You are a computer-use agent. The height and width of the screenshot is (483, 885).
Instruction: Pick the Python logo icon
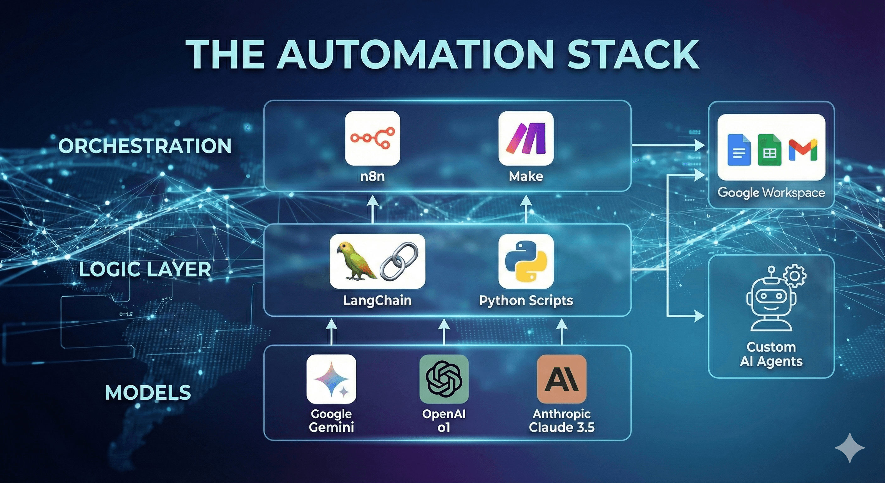pos(526,261)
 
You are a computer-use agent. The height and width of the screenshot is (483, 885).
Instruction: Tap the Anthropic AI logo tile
pos(561,379)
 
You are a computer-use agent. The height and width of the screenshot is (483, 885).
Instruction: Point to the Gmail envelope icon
pos(803,150)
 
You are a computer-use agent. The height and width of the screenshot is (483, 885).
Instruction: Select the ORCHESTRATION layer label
pos(145,146)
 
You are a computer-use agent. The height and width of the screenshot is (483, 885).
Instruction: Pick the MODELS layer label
pos(148,392)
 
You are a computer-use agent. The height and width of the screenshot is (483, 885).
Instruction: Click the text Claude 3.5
pos(561,427)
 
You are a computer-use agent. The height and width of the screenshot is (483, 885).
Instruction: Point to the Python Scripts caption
pos(526,300)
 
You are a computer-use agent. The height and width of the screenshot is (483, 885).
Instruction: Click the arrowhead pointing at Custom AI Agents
pos(699,316)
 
